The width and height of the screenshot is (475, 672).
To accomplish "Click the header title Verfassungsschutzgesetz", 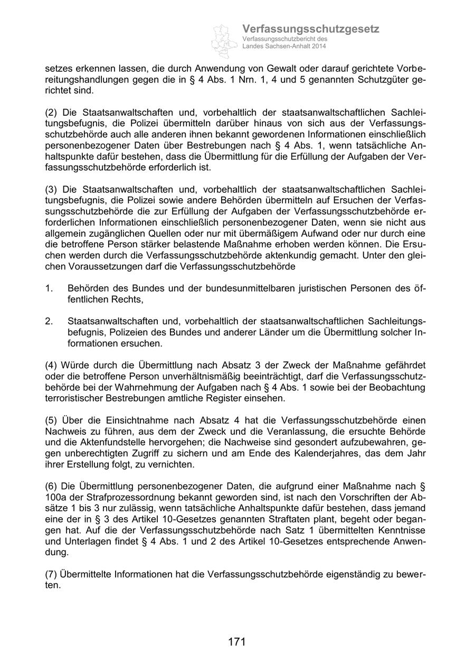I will (x=310, y=29).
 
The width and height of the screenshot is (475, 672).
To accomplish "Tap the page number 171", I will (x=237, y=642).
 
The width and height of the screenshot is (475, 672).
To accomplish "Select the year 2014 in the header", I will (x=318, y=46).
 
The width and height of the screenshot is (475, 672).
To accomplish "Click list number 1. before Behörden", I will (x=49, y=288).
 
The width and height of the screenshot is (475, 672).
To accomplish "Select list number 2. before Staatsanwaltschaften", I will (x=49, y=321).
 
